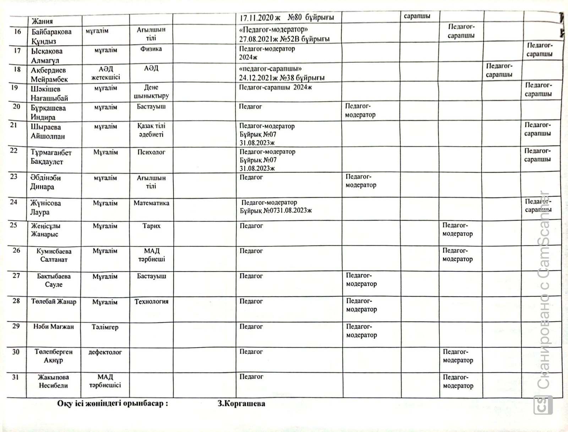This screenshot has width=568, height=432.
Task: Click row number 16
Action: coord(17,32)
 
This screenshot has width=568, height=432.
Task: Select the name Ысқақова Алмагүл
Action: coord(47,56)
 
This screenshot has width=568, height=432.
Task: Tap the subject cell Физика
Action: coord(151,49)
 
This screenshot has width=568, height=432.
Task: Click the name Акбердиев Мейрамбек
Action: coord(49,75)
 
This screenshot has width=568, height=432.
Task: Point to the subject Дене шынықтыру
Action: coord(151,92)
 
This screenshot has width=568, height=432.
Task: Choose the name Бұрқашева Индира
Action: coord(48,112)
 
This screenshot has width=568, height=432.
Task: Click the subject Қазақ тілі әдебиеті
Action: coord(151,130)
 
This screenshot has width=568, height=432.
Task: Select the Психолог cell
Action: coord(151,152)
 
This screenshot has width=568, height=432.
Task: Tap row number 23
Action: coord(14,176)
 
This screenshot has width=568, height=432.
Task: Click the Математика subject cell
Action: coord(151,203)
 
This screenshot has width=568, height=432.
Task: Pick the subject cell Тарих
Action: coord(151,226)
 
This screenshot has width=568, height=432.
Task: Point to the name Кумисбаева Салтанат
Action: coord(54,255)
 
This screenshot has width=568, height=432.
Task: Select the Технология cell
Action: coord(151,301)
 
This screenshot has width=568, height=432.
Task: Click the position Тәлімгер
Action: coord(105,327)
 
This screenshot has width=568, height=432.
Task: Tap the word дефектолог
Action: coord(105,352)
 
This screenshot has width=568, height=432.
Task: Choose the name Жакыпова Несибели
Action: coord(53,381)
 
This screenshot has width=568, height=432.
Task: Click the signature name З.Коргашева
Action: coord(241,404)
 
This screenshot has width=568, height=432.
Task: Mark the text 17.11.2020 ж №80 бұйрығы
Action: coord(286,17)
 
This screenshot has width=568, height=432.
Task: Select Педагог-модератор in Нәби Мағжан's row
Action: coord(361,331)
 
